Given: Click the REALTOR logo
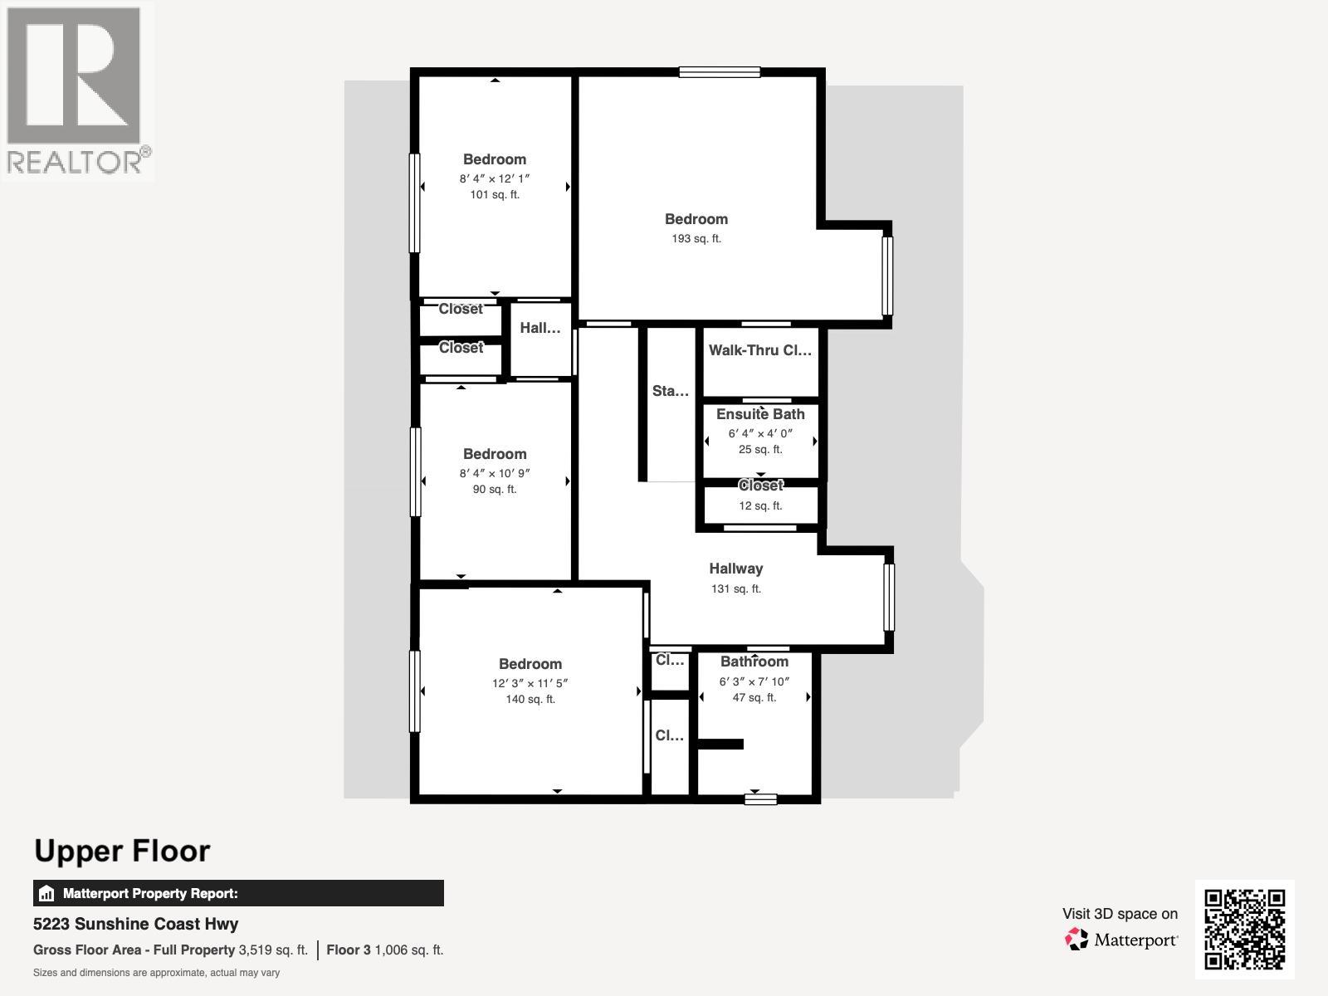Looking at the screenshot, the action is click(77, 90).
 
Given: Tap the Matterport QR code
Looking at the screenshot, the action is click(1244, 930).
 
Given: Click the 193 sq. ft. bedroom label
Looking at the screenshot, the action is click(696, 239).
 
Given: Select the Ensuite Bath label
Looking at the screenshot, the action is click(760, 414).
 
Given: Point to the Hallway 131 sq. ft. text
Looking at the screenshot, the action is click(735, 588).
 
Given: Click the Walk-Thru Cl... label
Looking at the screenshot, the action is click(760, 350).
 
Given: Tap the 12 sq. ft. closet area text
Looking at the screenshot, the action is click(760, 505).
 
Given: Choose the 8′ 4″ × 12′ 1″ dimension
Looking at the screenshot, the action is click(495, 178).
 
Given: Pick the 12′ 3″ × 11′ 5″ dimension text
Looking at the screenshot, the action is click(530, 683).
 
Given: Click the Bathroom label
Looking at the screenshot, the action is click(754, 662).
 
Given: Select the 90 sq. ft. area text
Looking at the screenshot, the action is click(495, 489).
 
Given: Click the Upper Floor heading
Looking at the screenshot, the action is click(122, 851).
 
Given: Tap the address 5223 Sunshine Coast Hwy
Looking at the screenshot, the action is click(135, 924).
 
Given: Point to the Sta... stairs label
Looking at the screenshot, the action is click(670, 391).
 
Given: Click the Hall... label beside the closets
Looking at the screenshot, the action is click(539, 328).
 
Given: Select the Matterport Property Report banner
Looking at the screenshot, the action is click(238, 893).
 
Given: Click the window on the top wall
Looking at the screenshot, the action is click(720, 72).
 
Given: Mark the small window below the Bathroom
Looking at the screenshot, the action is click(760, 798).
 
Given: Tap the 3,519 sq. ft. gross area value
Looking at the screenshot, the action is click(273, 950).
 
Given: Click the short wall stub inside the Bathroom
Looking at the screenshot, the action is click(720, 744).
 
